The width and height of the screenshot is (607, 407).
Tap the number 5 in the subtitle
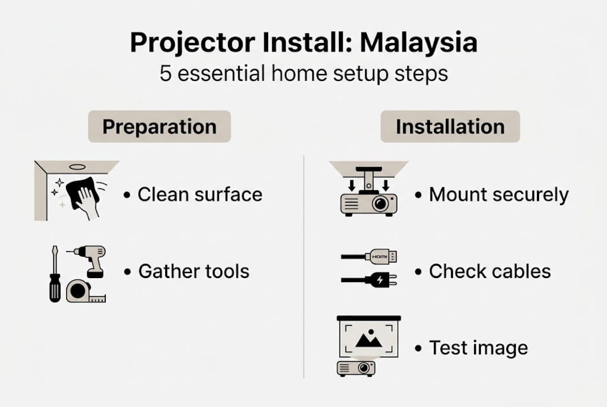[x=165, y=74]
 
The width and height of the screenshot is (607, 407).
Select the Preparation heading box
[x=159, y=127]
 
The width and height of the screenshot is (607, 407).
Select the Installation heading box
[x=450, y=127]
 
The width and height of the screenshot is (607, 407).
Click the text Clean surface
[x=200, y=194]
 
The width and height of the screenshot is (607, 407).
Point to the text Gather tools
[x=193, y=271]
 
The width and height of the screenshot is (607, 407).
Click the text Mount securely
[x=498, y=194]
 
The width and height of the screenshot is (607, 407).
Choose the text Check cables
[x=489, y=271]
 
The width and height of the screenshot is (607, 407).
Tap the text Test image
[x=478, y=348]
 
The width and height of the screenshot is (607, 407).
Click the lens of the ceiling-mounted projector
[x=381, y=203]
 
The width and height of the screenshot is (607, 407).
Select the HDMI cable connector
[x=381, y=257]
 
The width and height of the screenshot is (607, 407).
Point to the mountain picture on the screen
[x=368, y=339]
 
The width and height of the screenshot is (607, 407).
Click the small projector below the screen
[x=356, y=368]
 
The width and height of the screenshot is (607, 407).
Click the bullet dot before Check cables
[x=418, y=271]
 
